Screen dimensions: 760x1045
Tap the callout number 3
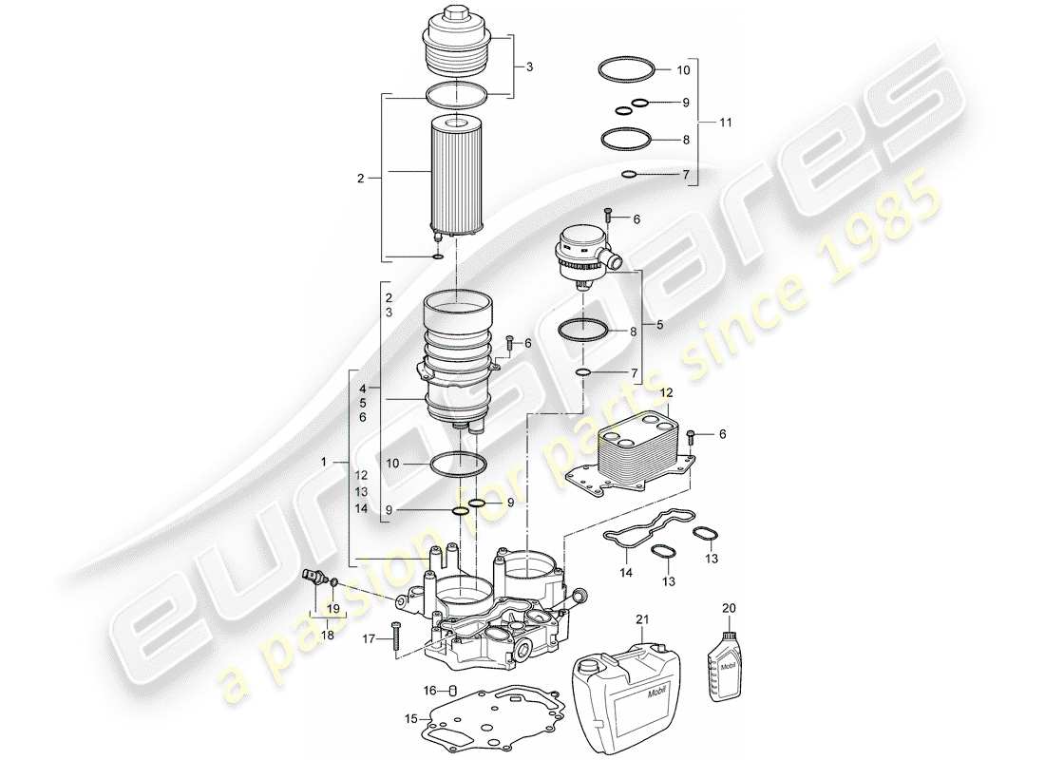click(529, 66)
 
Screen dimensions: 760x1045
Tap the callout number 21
click(641, 618)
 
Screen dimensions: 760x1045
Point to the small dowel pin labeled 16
click(453, 690)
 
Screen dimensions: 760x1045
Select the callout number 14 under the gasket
click(625, 573)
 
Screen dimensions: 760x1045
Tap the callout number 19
click(332, 608)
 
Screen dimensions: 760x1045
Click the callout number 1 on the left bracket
click(325, 462)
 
